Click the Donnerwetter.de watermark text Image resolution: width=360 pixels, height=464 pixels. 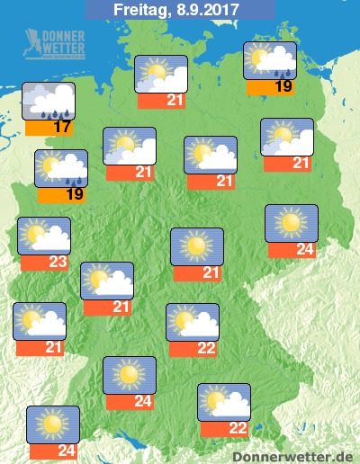click(x=293, y=457)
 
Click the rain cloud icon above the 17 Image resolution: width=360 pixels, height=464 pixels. click(x=49, y=101)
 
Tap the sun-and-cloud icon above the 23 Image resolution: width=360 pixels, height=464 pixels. click(x=44, y=235)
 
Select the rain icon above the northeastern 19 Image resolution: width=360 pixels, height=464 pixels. click(x=270, y=60)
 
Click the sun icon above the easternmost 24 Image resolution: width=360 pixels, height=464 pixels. click(x=291, y=223)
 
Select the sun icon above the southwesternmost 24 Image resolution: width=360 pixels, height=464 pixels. click(x=53, y=424)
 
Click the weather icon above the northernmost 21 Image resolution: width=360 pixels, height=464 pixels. click(x=161, y=73)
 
